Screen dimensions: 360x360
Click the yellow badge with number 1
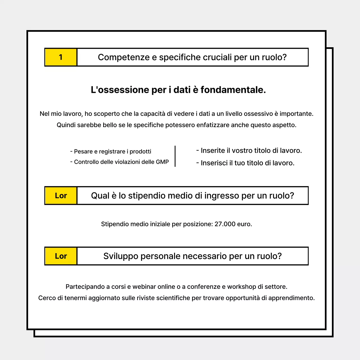(61, 57)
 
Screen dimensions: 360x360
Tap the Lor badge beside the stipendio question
(61, 196)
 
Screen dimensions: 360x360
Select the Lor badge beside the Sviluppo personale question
(61, 256)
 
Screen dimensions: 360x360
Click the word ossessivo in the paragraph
(258, 114)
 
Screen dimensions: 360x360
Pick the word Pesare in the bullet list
(83, 152)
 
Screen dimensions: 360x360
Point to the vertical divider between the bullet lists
(175, 156)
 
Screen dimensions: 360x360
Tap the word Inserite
(213, 151)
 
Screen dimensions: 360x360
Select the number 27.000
(225, 224)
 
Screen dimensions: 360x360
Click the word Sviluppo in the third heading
(121, 256)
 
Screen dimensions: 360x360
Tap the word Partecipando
(85, 287)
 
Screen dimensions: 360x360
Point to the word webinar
(144, 287)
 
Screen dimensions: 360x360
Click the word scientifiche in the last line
(173, 298)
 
